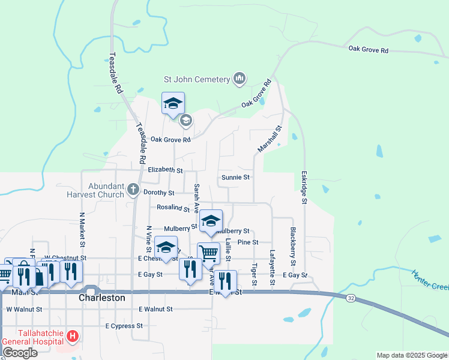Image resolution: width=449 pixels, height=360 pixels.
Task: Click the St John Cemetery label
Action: pos(197,79)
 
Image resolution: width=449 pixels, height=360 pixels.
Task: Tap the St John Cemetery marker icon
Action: pos(240,78)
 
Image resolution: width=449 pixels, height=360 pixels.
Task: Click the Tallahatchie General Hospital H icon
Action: pos(73,336)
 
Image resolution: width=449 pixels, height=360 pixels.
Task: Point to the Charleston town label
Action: pos(102,298)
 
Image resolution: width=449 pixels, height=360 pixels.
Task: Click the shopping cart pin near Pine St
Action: pos(208,253)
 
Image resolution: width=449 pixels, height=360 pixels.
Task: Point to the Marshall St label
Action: pos(270,139)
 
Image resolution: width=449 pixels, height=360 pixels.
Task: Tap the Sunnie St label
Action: pos(235,177)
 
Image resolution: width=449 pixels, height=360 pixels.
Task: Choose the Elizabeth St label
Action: pos(165,170)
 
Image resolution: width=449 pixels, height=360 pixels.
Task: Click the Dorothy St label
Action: pos(159,193)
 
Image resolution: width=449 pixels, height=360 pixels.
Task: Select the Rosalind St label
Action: pos(173,209)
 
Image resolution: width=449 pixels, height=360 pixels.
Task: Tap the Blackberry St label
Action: pos(293,246)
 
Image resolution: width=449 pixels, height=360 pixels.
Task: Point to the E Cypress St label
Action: pos(124,326)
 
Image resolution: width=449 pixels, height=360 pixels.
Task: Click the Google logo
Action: pos(20,352)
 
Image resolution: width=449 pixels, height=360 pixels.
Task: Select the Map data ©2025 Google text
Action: pos(412,355)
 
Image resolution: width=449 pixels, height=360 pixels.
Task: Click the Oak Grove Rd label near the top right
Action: pos(368,50)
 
